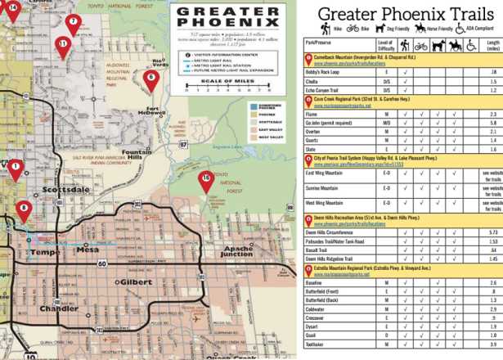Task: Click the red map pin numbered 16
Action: click(x=205, y=178)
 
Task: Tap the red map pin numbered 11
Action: click(x=63, y=44)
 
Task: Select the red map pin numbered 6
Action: click(x=150, y=78)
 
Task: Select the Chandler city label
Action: click(x=59, y=308)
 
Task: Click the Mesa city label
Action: click(x=87, y=250)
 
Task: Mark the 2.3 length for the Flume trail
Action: click(x=491, y=115)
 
